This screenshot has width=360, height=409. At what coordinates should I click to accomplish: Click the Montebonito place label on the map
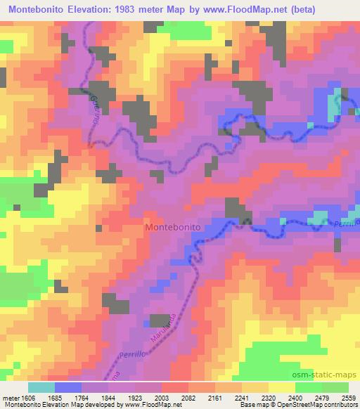point(173,228)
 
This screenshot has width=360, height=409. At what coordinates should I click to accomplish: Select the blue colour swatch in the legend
point(67,387)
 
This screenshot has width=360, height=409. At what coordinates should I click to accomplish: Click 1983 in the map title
point(137,9)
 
